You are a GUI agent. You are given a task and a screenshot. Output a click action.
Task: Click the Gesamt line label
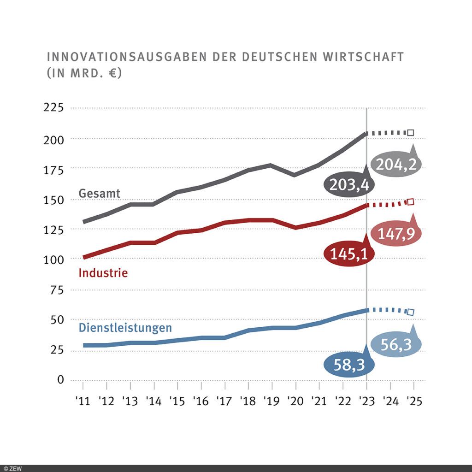coord(100,194)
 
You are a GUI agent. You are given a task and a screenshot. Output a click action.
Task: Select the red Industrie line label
coord(103,273)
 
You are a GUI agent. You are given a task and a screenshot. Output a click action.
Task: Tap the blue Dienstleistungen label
coord(125,328)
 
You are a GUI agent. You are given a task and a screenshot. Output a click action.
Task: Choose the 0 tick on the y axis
coord(60,380)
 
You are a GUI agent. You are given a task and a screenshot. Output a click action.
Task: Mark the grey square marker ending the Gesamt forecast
coord(410,133)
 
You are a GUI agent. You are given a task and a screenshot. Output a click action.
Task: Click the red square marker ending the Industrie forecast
coord(410,202)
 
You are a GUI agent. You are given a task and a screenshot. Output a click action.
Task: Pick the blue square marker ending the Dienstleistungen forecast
coord(410,312)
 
